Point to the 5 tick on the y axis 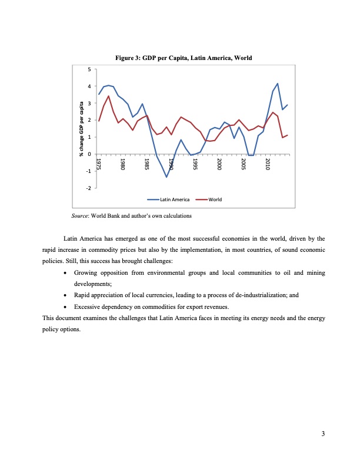pyautogui.click(x=89, y=69)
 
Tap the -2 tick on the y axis pyautogui.click(x=88, y=188)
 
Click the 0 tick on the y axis pyautogui.click(x=89, y=154)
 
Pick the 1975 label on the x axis pyautogui.click(x=99, y=164)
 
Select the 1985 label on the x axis pyautogui.click(x=147, y=164)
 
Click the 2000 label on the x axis pyautogui.click(x=219, y=164)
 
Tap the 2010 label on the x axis pyautogui.click(x=268, y=164)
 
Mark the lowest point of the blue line pyautogui.click(x=166, y=177)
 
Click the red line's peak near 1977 pyautogui.click(x=108, y=96)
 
